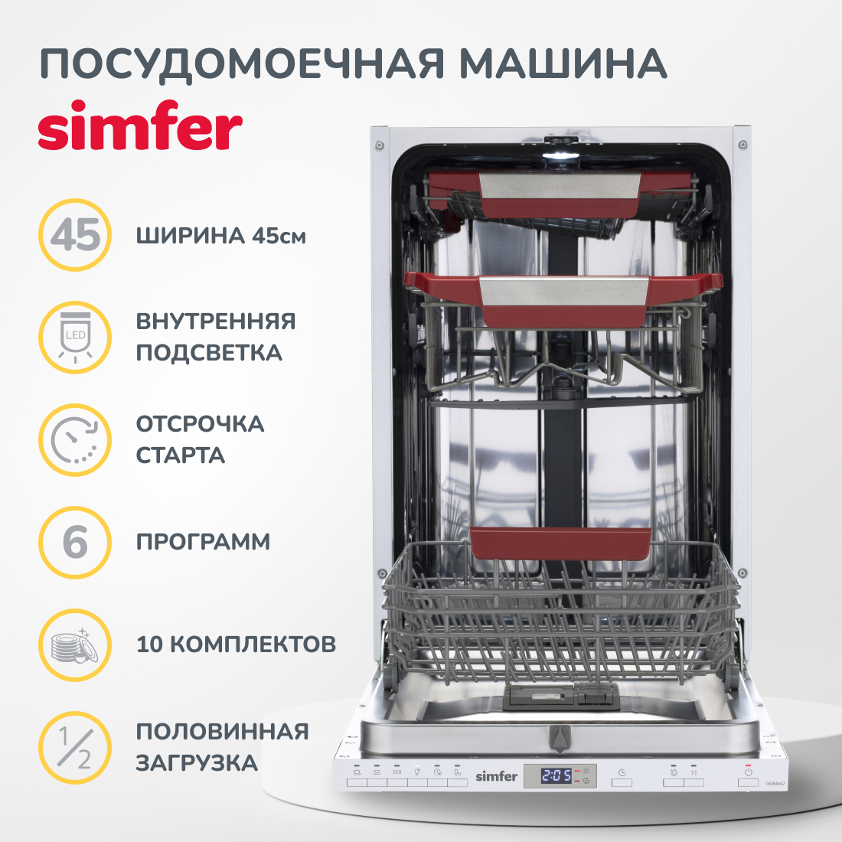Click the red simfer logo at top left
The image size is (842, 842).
pyautogui.click(x=140, y=126)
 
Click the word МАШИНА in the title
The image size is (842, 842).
pyautogui.click(x=563, y=64)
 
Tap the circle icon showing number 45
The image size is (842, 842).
pyautogui.click(x=75, y=235)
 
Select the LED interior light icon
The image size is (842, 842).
pyautogui.click(x=75, y=338)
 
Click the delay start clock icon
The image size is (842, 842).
pyautogui.click(x=75, y=440)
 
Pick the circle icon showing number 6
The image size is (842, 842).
pyautogui.click(x=75, y=543)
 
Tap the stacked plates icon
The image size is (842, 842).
pyautogui.click(x=75, y=645)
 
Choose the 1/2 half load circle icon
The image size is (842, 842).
pyautogui.click(x=75, y=748)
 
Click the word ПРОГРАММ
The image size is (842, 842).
pyautogui.click(x=203, y=542)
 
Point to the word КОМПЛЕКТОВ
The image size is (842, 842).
pyautogui.click(x=253, y=645)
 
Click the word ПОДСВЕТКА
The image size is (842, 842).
pyautogui.click(x=209, y=353)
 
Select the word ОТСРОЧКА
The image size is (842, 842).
pyautogui.click(x=200, y=424)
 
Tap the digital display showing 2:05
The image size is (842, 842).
pyautogui.click(x=556, y=775)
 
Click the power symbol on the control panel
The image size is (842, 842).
pyautogui.click(x=748, y=772)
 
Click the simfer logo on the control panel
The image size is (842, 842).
pyautogui.click(x=496, y=776)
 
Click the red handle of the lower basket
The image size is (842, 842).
pyautogui.click(x=560, y=543)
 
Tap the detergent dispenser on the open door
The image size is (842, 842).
pyautogui.click(x=561, y=697)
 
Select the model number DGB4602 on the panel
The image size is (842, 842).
pyautogui.click(x=775, y=784)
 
